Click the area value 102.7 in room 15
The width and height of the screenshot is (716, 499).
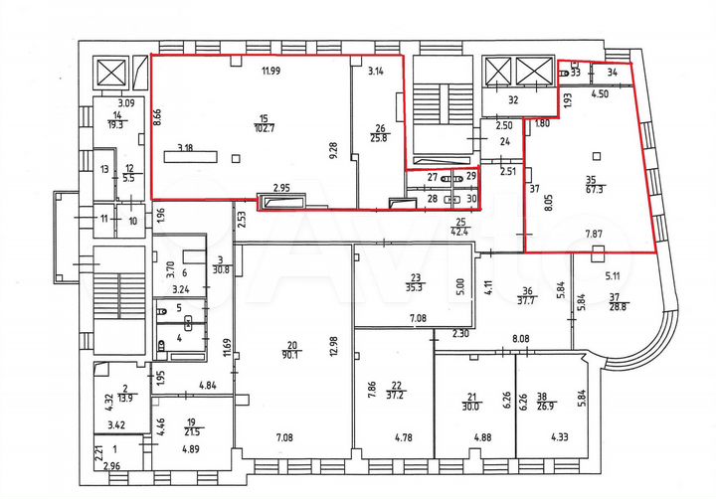[264, 128]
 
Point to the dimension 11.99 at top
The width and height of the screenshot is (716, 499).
[271, 71]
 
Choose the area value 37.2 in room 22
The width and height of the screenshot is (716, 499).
[398, 394]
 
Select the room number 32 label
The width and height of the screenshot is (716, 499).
[513, 100]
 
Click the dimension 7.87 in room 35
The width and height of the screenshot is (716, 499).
[597, 235]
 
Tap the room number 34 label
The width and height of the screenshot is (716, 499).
[613, 72]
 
